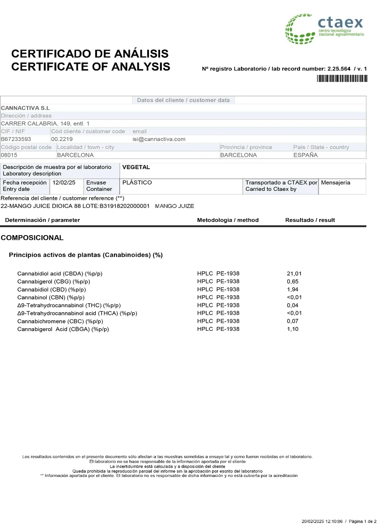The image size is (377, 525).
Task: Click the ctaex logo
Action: (x=325, y=28)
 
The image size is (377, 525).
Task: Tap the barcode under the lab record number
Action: (x=342, y=79)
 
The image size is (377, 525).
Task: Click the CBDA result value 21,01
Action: (x=294, y=273)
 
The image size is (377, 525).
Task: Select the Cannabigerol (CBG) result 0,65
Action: (x=293, y=281)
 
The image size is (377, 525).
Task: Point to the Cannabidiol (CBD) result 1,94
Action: (x=293, y=289)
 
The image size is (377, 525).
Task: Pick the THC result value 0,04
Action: (x=293, y=305)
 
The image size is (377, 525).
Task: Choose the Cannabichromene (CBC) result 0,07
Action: (x=293, y=321)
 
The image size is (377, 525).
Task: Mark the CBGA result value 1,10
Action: (x=293, y=329)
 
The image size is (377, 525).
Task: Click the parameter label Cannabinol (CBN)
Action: (x=51, y=297)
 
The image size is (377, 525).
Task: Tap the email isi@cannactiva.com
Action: (x=159, y=139)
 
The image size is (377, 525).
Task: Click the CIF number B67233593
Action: (x=16, y=139)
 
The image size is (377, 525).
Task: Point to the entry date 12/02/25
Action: (x=64, y=183)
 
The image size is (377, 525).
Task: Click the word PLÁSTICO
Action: (x=137, y=183)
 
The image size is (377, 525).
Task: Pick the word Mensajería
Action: (x=336, y=183)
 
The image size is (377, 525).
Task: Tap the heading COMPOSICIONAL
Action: (x=32, y=238)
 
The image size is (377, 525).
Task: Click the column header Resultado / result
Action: (x=310, y=220)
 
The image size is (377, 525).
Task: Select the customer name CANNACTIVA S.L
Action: (x=25, y=108)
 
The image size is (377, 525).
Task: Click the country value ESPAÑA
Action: (x=305, y=155)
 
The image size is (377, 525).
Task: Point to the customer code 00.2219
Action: (x=61, y=139)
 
